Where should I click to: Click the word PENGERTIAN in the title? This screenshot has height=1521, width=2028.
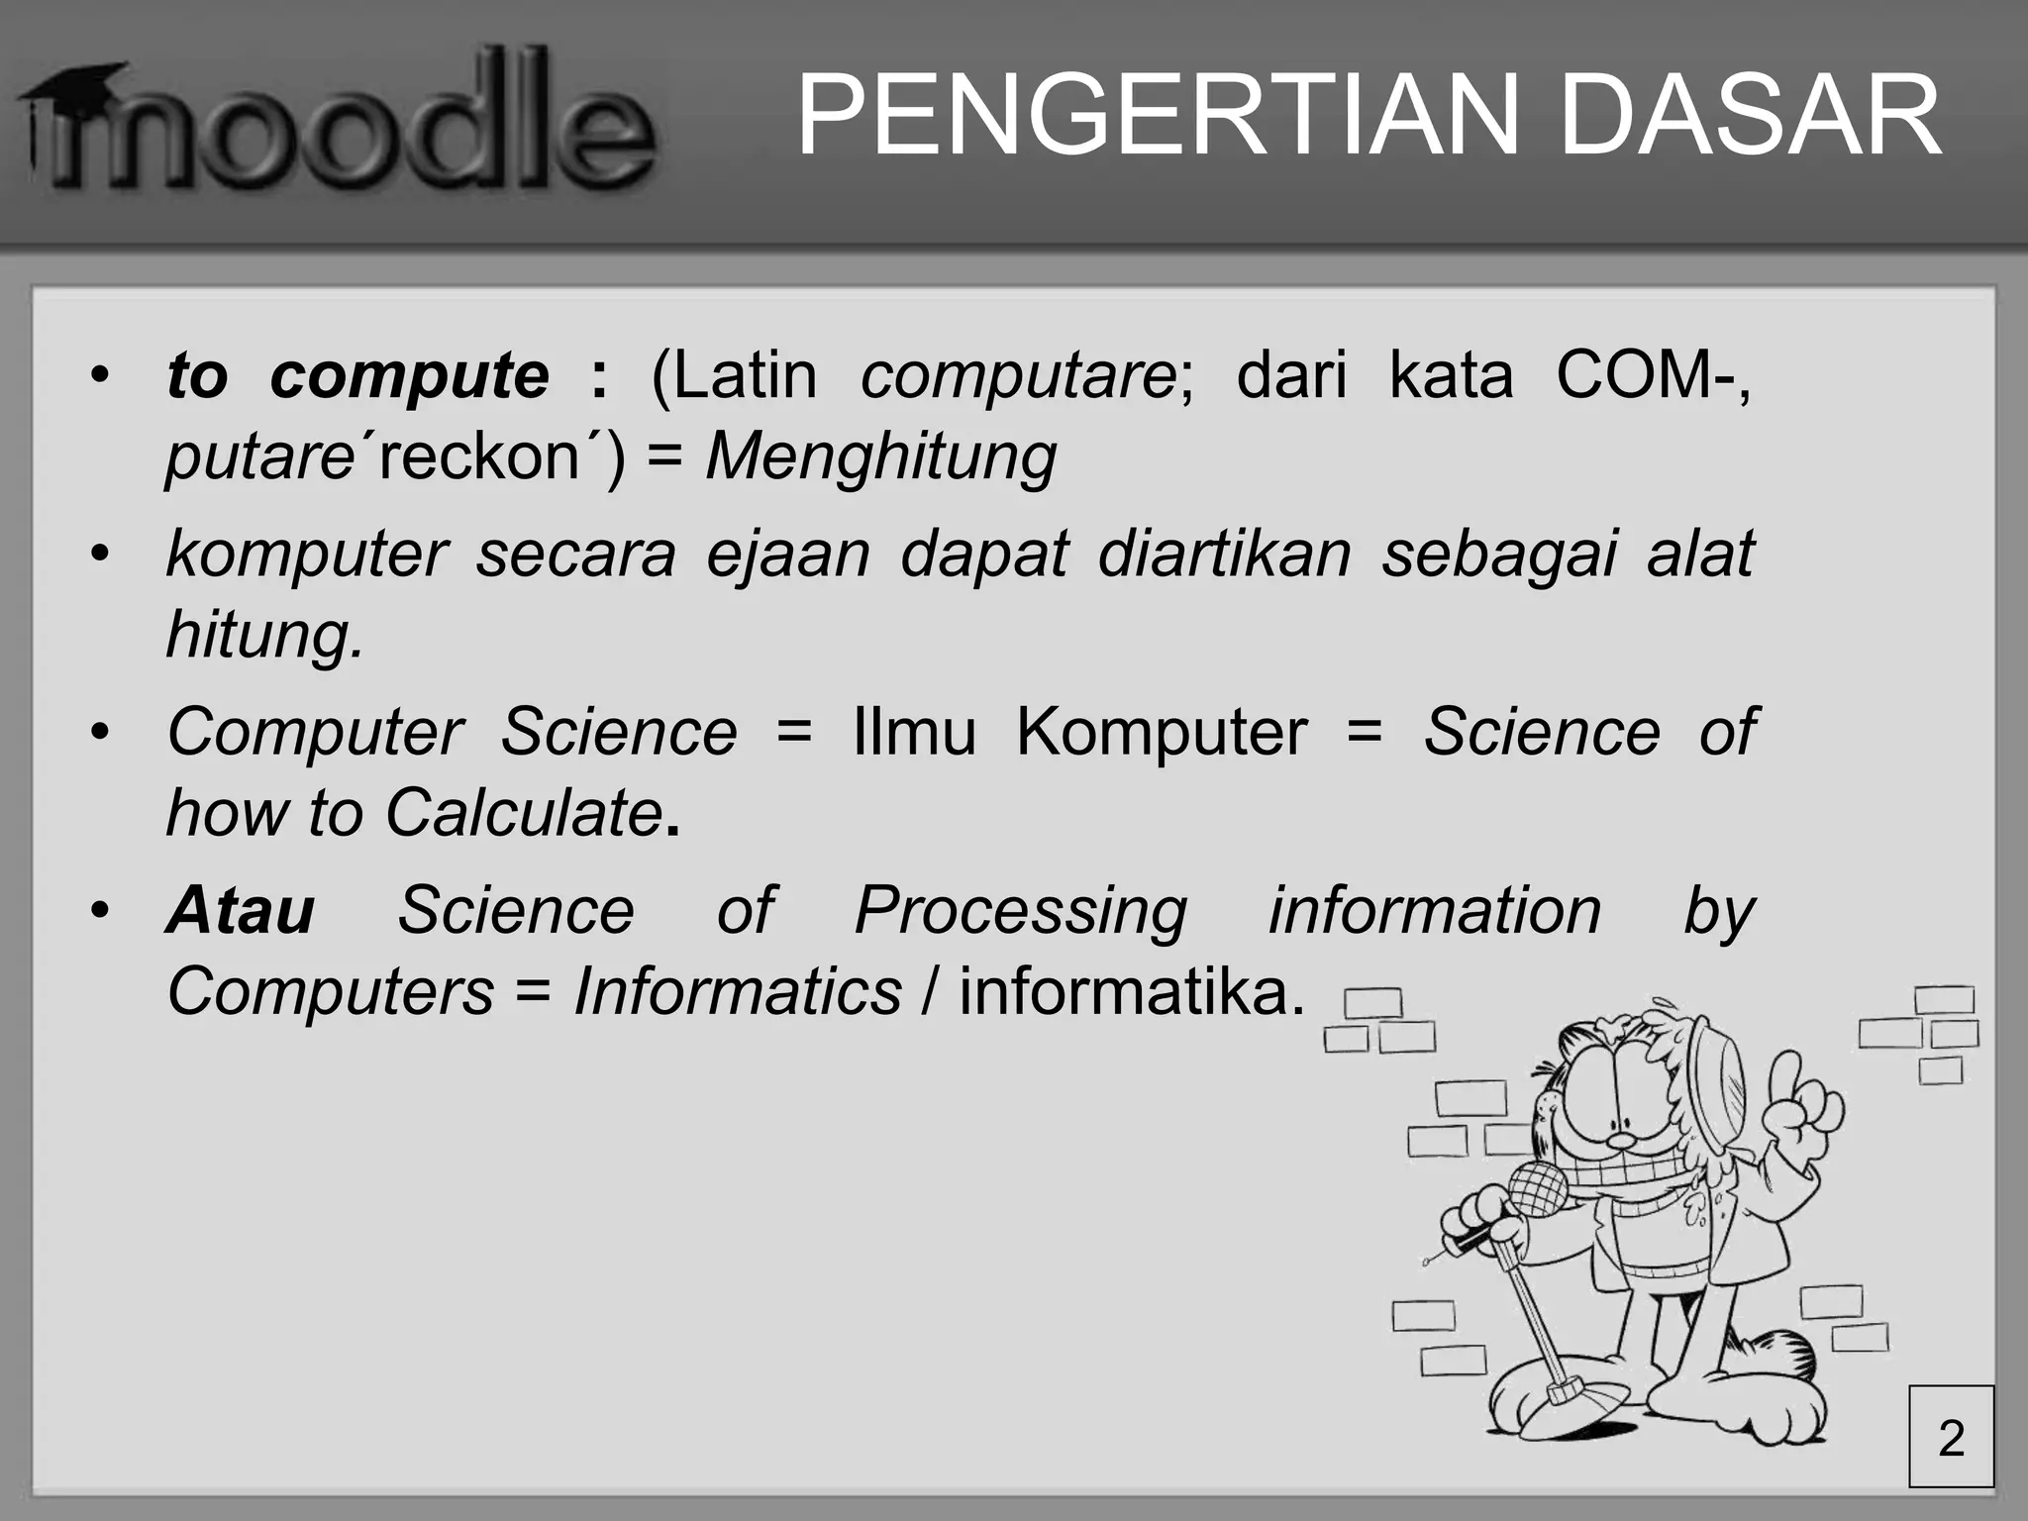1158,117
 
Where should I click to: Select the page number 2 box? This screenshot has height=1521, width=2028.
1951,1437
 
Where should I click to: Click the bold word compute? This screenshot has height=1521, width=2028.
409,376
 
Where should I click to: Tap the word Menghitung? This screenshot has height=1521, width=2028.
881,456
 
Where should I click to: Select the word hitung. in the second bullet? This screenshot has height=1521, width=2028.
265,634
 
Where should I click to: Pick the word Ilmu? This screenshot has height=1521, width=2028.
914,732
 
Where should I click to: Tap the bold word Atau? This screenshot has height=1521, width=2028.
241,910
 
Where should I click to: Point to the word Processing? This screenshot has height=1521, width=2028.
1020,910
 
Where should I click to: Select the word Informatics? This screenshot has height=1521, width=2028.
738,991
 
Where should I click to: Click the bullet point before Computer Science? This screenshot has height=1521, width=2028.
98,734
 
